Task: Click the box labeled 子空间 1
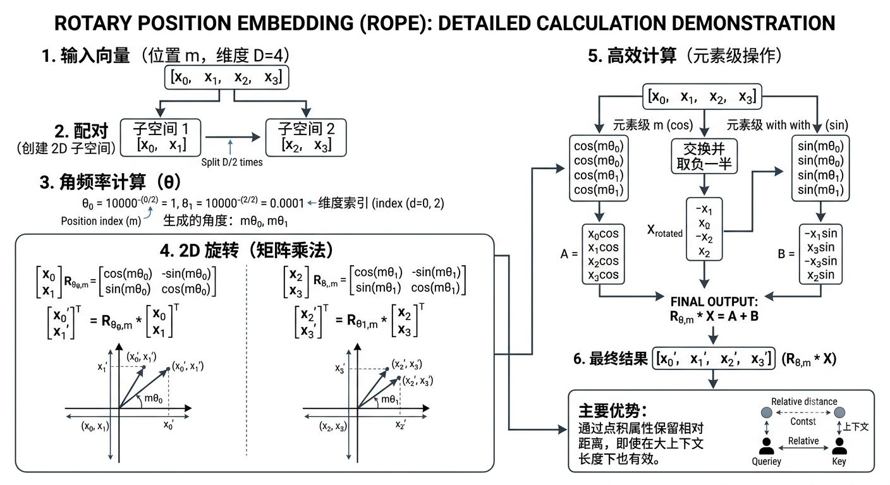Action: [x=161, y=137]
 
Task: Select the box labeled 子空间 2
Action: [x=306, y=137]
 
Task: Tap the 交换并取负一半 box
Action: [x=704, y=156]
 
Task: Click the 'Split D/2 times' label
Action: [x=231, y=162]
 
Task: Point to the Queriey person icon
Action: [x=767, y=446]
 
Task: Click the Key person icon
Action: [x=839, y=446]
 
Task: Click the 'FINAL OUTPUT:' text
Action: [x=714, y=302]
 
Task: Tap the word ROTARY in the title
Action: [x=93, y=23]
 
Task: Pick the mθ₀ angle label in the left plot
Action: [x=154, y=398]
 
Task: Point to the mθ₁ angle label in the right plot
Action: [x=390, y=399]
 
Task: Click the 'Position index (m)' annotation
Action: [x=101, y=221]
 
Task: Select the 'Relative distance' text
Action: [x=804, y=401]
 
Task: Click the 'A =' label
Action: [x=569, y=254]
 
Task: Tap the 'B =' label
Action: [x=786, y=254]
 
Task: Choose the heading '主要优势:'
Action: [x=613, y=410]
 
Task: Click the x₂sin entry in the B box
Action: [x=820, y=275]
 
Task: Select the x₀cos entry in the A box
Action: [x=603, y=234]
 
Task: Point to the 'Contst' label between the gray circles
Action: [x=803, y=421]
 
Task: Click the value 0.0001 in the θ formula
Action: [x=287, y=203]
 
